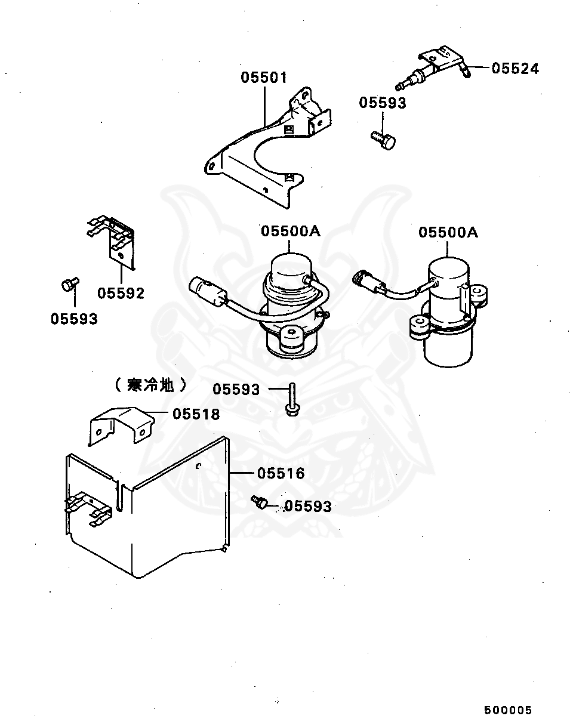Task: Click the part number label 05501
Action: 264,78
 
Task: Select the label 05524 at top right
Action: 515,69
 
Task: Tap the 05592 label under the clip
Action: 121,294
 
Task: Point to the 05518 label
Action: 196,414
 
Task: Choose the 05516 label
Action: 281,473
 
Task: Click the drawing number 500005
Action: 507,710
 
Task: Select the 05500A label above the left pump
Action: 290,232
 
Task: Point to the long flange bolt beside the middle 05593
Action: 291,399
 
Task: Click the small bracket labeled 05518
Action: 119,424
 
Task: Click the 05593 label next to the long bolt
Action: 236,390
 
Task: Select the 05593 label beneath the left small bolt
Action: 73,319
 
